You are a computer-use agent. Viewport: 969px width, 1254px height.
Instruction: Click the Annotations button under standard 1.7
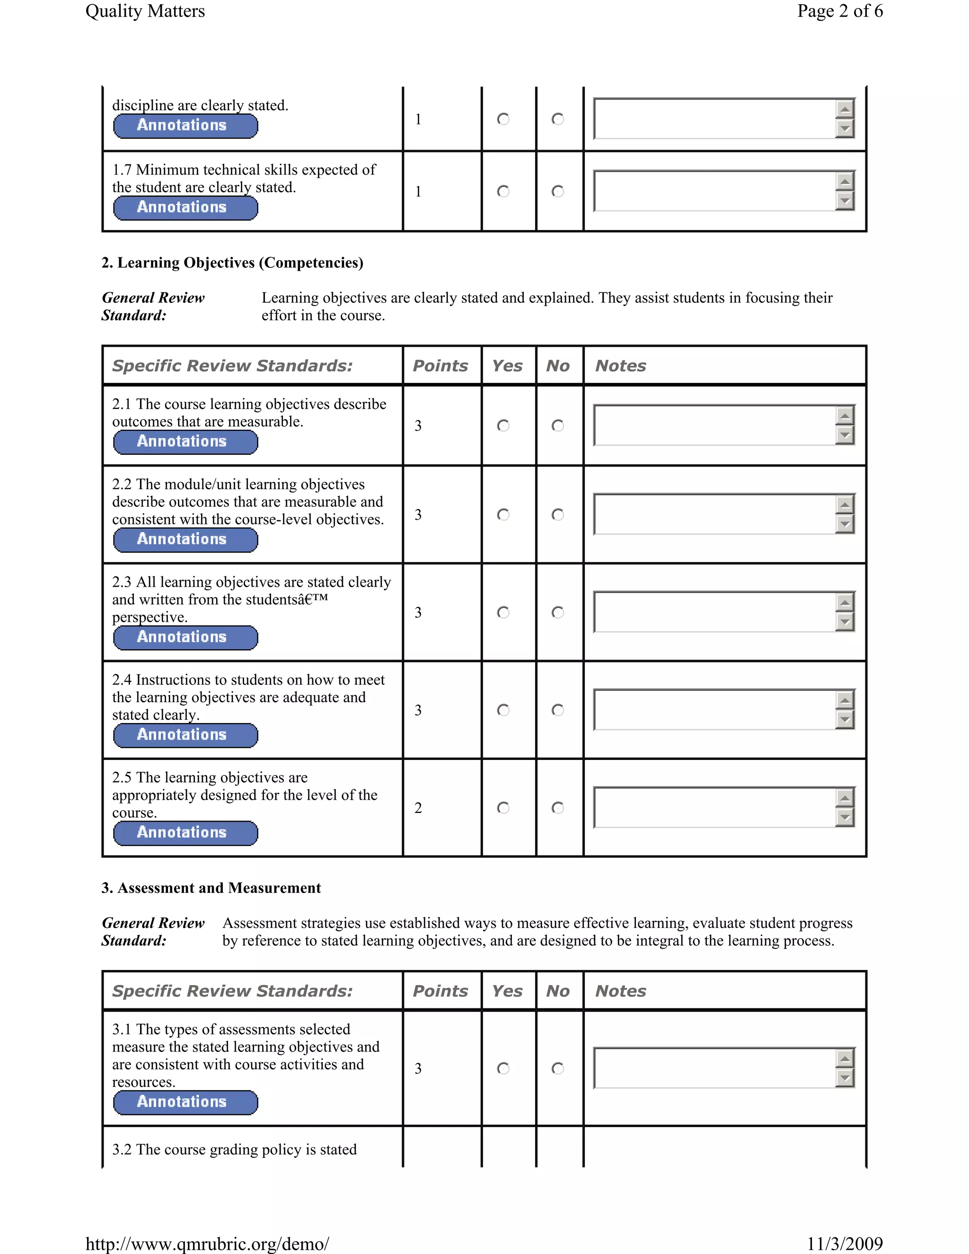[185, 208]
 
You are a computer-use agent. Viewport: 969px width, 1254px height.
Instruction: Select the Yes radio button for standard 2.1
[503, 425]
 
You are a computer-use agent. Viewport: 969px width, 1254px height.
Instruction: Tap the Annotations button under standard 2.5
[185, 833]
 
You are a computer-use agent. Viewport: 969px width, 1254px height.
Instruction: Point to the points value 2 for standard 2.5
[418, 808]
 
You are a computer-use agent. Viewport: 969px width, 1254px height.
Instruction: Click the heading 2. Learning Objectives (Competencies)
[232, 263]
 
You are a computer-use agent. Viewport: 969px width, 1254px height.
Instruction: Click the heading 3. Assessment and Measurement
[211, 888]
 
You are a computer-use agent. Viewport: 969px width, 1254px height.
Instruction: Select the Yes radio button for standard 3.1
[503, 1068]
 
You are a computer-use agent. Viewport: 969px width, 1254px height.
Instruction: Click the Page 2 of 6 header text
[839, 11]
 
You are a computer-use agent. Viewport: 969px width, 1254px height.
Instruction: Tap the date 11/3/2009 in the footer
[845, 1244]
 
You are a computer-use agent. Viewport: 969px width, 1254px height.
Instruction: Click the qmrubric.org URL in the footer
[207, 1244]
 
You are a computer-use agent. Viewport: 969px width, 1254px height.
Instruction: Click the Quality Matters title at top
[145, 11]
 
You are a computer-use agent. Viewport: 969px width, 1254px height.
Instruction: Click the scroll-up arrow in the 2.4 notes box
[845, 700]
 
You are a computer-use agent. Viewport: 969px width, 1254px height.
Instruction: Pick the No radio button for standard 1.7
[557, 191]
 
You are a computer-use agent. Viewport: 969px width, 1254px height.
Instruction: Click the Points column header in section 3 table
[440, 991]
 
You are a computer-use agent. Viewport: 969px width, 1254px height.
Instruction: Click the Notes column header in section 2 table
[621, 366]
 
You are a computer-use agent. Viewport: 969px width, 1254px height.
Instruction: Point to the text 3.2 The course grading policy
[234, 1149]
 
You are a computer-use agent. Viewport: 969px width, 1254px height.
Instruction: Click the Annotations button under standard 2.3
[185, 638]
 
